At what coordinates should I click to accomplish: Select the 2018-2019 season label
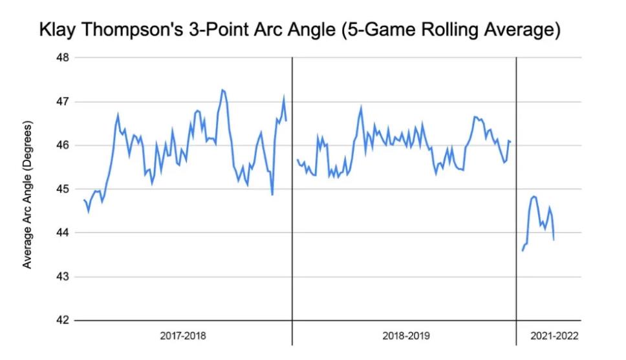405,336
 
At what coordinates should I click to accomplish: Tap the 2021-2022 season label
554,336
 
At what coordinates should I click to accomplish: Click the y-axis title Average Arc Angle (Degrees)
27,195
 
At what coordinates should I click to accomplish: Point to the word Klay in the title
59,30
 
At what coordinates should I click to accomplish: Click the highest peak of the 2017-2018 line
222,90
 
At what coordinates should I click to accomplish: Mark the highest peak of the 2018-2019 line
361,107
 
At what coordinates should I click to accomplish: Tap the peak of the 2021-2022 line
534,196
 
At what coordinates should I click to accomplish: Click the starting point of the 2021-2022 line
523,251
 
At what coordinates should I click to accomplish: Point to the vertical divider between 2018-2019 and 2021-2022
516,194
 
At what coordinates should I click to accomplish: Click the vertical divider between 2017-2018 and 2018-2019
292,194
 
